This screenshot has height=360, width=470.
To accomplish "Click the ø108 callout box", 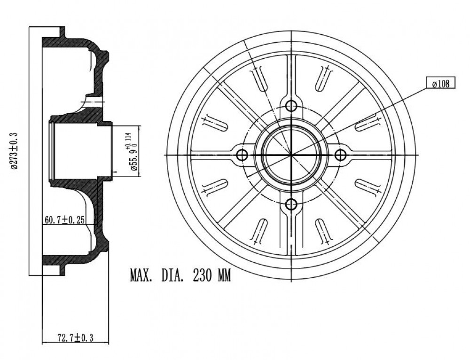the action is [x=440, y=83].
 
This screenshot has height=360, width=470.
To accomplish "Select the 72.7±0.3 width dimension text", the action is [x=75, y=337].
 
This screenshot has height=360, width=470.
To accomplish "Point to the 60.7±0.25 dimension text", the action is [x=64, y=220].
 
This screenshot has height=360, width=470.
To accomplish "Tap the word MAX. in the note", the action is [x=141, y=275].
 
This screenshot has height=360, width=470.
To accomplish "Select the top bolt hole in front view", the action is [x=291, y=106].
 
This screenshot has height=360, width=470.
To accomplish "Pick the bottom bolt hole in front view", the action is [x=291, y=204].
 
